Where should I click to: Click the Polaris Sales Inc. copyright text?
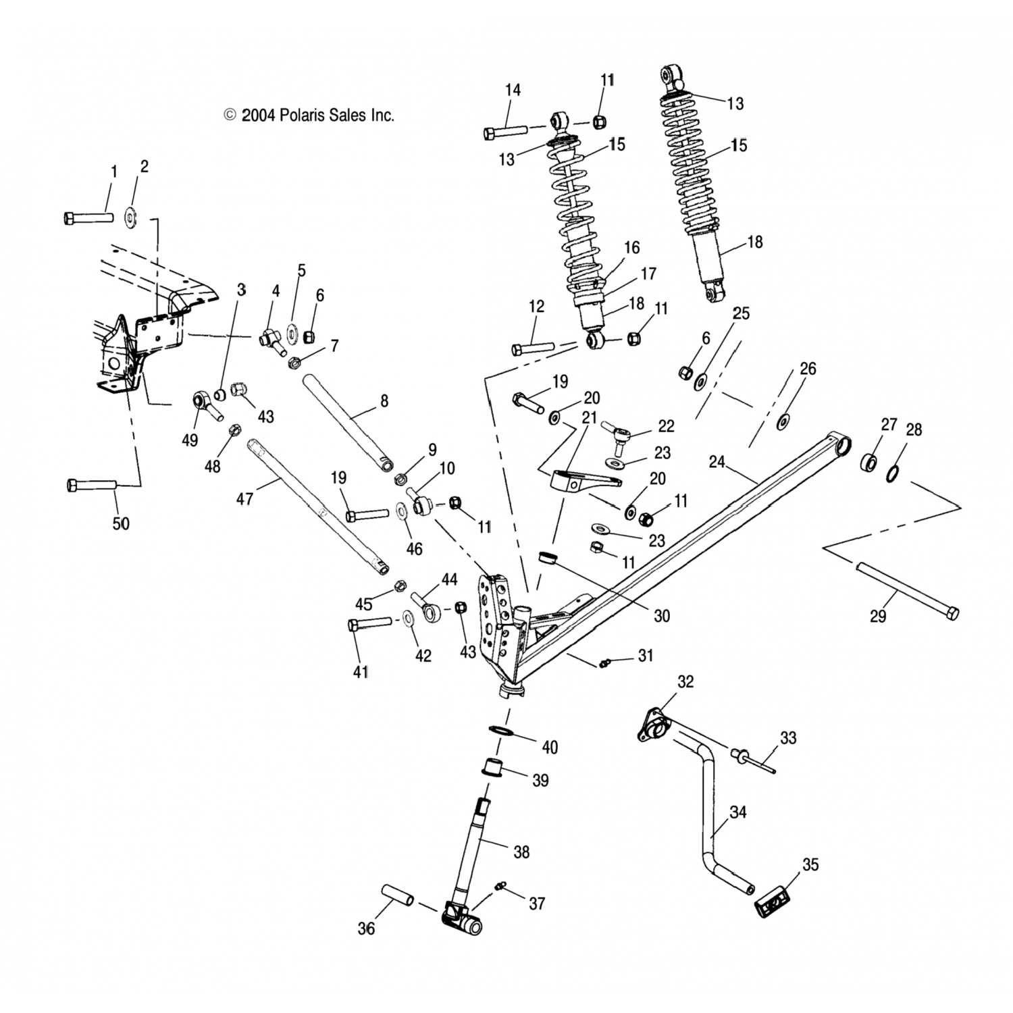click(x=309, y=115)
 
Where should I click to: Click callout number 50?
click(x=121, y=523)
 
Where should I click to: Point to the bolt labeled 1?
click(x=88, y=218)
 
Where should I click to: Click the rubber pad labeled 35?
click(x=771, y=902)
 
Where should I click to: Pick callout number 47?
click(x=244, y=500)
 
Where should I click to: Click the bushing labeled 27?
click(x=870, y=464)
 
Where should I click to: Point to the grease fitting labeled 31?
click(x=605, y=663)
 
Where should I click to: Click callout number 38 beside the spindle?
click(x=521, y=852)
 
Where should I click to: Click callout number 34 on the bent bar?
click(x=738, y=812)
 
